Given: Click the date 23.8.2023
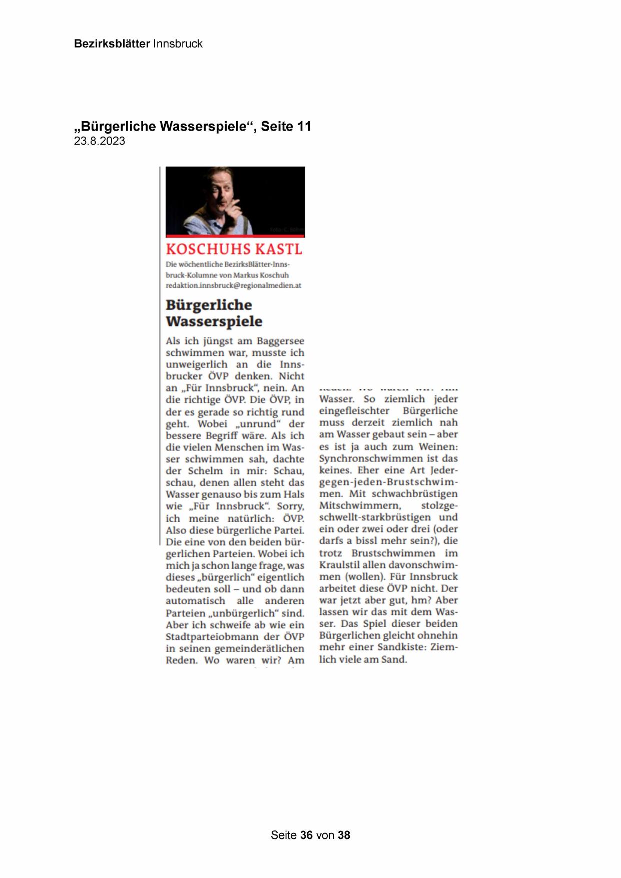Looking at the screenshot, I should (100, 141).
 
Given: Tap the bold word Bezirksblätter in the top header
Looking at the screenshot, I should (112, 44).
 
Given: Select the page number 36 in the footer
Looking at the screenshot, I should (306, 835).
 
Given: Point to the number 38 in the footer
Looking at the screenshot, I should (344, 835).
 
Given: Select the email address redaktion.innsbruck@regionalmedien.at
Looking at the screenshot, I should (233, 285).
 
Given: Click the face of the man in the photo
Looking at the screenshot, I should (222, 187).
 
